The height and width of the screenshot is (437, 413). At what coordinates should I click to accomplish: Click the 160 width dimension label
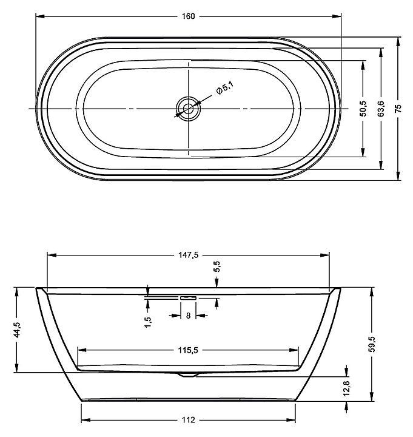coord(188,16)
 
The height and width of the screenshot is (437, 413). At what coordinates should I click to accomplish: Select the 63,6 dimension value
coord(381,108)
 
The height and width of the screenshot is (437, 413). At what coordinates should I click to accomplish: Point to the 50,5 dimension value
coord(363,108)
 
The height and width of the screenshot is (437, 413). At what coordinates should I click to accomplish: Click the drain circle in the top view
coord(188,109)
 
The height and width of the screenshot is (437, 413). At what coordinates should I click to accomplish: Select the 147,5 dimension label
coord(188,256)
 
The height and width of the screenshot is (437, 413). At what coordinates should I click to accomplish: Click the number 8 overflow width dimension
coord(188,316)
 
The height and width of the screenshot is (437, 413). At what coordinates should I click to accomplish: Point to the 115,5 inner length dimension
coord(188,350)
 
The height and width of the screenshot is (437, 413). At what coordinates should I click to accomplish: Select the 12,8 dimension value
coord(346,388)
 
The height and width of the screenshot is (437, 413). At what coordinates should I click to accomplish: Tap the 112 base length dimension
coord(188,421)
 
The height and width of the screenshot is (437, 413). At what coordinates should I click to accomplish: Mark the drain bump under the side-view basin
coord(188,375)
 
